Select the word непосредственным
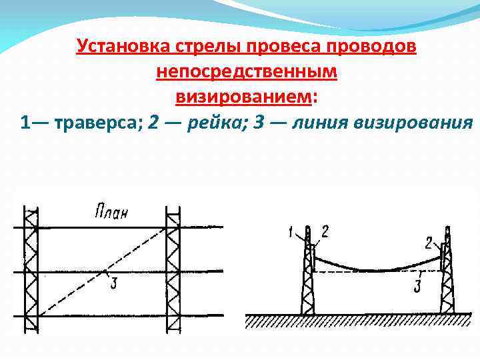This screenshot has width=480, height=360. click(247, 71)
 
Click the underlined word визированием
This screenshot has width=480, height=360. click(243, 97)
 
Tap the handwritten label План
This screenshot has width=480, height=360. click(111, 213)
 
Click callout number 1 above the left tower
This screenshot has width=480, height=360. click(291, 232)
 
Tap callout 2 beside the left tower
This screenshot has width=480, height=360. click(325, 231)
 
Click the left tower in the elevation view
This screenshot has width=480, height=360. click(308, 280)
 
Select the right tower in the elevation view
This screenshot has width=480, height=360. click(447, 280)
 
